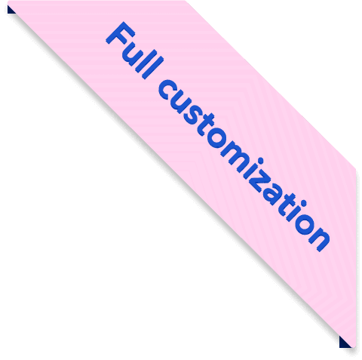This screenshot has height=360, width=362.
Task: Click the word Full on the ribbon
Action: click(x=134, y=51)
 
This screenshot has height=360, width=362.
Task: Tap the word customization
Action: click(x=244, y=165)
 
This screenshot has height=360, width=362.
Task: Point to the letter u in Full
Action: click(x=134, y=54)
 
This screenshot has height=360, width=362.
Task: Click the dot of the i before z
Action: click(x=261, y=161)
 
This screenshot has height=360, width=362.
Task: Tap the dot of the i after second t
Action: click(x=304, y=203)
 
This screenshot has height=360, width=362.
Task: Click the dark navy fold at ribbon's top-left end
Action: click(x=11, y=10)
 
